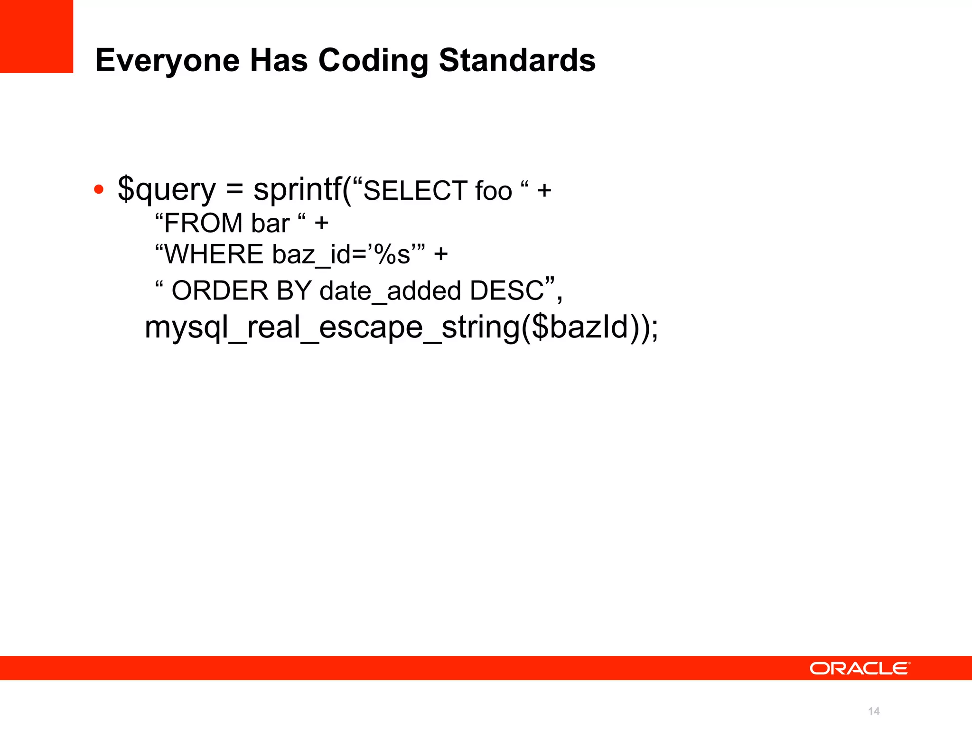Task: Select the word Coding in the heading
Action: (373, 60)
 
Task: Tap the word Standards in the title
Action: (517, 60)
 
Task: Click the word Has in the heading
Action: (279, 60)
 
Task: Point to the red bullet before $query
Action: (99, 190)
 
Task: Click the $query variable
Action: (167, 190)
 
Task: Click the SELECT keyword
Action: (416, 191)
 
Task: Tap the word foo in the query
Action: (494, 191)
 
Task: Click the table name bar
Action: (270, 223)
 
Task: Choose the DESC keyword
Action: (506, 290)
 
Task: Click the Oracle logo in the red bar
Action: (860, 668)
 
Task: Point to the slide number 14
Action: (874, 711)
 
